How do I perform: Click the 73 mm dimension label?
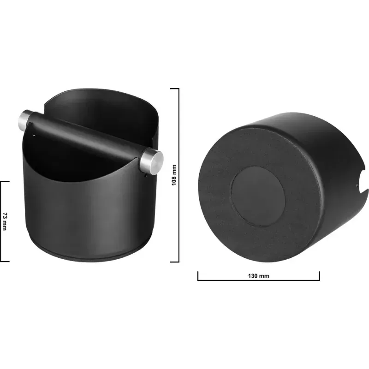click(5, 221)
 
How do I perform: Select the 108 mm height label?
click(174, 175)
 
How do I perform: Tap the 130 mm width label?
click(258, 276)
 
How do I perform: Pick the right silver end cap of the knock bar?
click(155, 159)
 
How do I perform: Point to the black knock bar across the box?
click(88, 138)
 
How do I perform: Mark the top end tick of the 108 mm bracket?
click(174, 89)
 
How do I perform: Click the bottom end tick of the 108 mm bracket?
click(174, 262)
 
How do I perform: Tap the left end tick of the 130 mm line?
click(198, 275)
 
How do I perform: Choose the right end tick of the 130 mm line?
click(319, 275)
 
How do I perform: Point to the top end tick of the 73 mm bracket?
click(5, 181)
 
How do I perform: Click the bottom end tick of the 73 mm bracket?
click(5, 261)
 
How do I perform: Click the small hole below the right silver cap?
click(147, 174)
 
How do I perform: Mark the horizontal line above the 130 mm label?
click(258, 280)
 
